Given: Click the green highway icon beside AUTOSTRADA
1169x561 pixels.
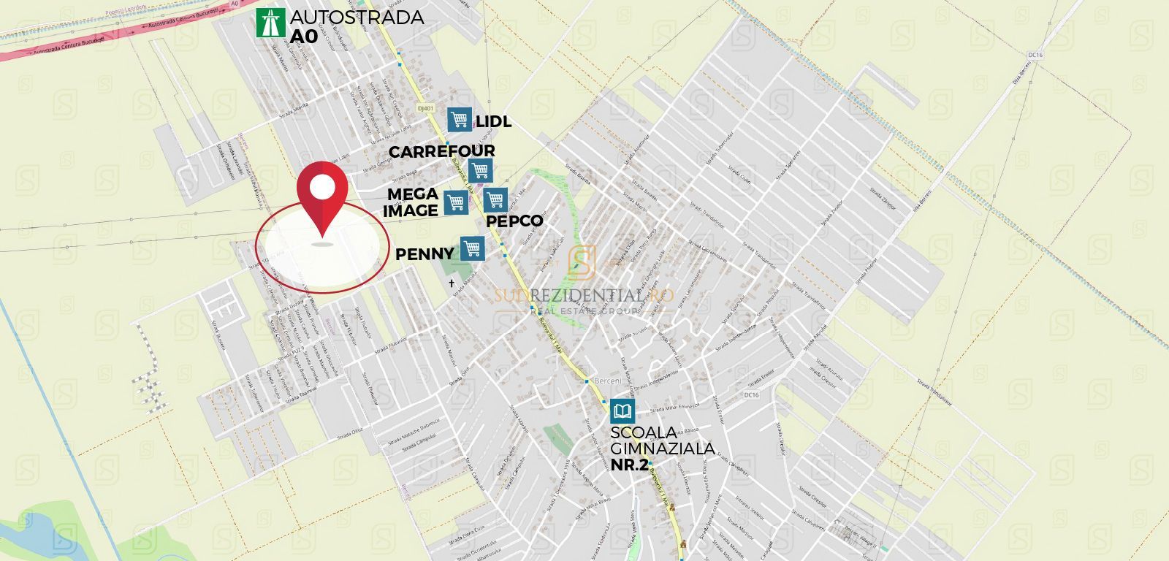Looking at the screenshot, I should (270, 23).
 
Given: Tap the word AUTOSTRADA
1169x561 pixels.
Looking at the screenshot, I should (357, 18).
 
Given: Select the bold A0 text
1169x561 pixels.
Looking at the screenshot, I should (305, 37).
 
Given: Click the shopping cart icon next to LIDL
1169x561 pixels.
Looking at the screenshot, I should (460, 119).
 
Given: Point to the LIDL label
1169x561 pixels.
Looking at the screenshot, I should (493, 121).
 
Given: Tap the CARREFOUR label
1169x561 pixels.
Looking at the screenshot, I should (441, 151).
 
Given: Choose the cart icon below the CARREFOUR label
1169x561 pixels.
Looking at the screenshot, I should (480, 170).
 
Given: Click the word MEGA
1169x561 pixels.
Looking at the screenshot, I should (413, 194).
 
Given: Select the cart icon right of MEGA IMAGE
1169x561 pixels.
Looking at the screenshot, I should (456, 202).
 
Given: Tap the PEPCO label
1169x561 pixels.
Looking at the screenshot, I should (514, 221).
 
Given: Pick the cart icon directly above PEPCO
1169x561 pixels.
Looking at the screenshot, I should (495, 199).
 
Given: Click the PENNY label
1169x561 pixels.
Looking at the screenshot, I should (424, 254).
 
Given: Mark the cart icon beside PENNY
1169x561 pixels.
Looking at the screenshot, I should (472, 248).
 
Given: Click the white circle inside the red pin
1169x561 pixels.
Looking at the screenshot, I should (321, 187).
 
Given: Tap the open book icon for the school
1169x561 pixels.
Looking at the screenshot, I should (622, 411).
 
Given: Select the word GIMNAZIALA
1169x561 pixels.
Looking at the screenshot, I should (663, 448).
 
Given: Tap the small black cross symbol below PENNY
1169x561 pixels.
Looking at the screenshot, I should (452, 283).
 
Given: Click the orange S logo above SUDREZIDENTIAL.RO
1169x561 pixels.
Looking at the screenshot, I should (582, 262).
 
